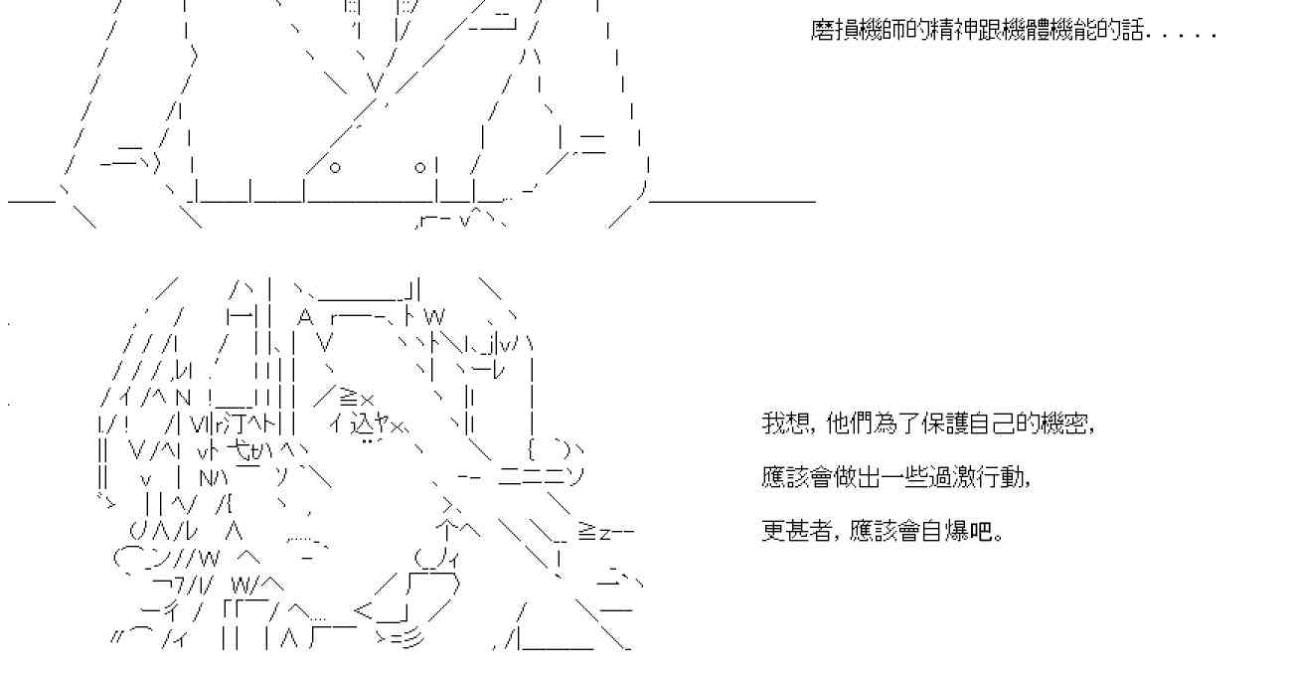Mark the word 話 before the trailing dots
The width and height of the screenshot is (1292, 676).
coord(1133,31)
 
